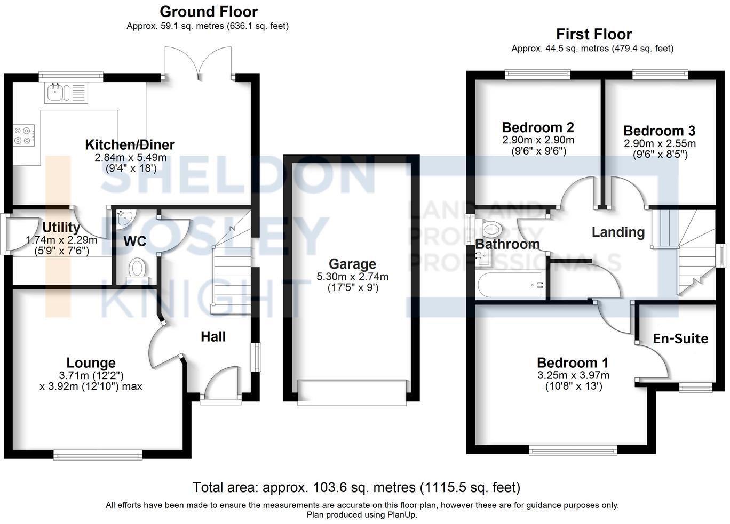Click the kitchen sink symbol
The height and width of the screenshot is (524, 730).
tap(66, 93)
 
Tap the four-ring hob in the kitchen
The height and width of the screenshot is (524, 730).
tap(24, 134)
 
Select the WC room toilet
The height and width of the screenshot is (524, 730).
tap(138, 268)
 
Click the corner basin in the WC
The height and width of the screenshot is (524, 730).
tap(126, 216)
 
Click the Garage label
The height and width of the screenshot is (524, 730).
tap(352, 264)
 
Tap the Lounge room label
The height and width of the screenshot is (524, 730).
tap(91, 363)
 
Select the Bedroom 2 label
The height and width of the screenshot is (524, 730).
tap(538, 127)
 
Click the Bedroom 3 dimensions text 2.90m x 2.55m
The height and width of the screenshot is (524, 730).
tap(660, 143)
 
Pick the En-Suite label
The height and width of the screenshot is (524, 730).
tap(680, 338)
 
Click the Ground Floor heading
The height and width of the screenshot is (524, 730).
tap(208, 12)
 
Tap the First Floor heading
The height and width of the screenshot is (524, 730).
tap(594, 34)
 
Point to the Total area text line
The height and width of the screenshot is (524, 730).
tap(356, 487)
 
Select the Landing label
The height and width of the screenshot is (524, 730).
tap(618, 232)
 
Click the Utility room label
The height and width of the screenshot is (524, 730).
tap(61, 228)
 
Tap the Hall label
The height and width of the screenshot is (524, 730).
tap(213, 336)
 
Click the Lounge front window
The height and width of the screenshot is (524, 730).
tap(98, 454)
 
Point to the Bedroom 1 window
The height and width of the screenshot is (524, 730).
tap(573, 450)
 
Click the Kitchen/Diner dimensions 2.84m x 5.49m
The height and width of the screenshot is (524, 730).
tap(130, 157)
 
